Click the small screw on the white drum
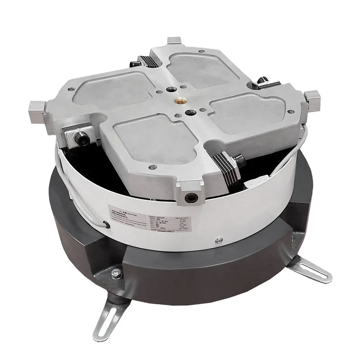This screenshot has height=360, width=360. pyautogui.click(x=219, y=238)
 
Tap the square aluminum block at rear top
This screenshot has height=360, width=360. pyautogui.click(x=175, y=43)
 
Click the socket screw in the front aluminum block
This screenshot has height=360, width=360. pyautogui.click(x=192, y=196)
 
